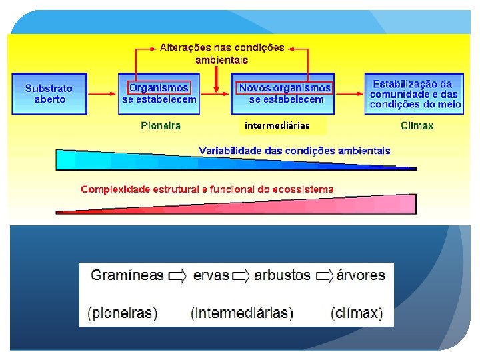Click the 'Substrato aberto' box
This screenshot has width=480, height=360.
(49, 93)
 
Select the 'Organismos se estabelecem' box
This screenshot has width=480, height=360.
(159, 93)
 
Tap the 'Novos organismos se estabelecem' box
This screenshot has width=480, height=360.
(285, 93)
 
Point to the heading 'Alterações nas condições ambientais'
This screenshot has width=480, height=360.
(222, 53)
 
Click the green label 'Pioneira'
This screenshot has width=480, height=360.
(160, 125)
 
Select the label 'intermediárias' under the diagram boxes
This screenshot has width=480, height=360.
(277, 125)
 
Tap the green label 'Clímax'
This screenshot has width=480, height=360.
(417, 125)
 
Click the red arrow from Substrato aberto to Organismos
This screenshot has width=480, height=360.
(104, 94)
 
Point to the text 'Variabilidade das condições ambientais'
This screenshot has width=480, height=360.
(295, 151)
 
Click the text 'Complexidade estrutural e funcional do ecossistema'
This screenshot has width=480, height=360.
(207, 189)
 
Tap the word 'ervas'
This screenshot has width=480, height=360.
(211, 275)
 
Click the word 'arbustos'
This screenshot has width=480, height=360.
(283, 275)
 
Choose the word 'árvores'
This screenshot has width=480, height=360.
(361, 275)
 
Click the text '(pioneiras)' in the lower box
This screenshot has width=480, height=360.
(123, 313)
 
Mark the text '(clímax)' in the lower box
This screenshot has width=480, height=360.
(357, 313)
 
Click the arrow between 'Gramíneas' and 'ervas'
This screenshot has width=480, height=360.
(177, 275)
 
